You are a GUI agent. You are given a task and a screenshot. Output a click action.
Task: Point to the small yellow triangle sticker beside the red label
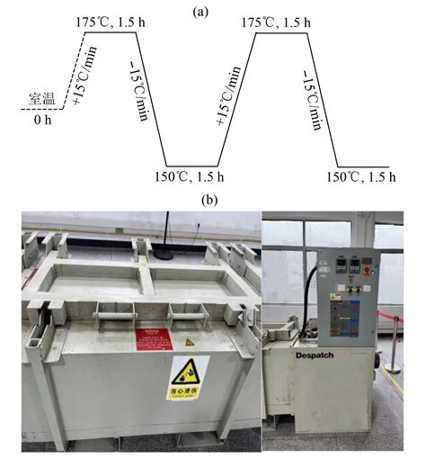click(x=189, y=342)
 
